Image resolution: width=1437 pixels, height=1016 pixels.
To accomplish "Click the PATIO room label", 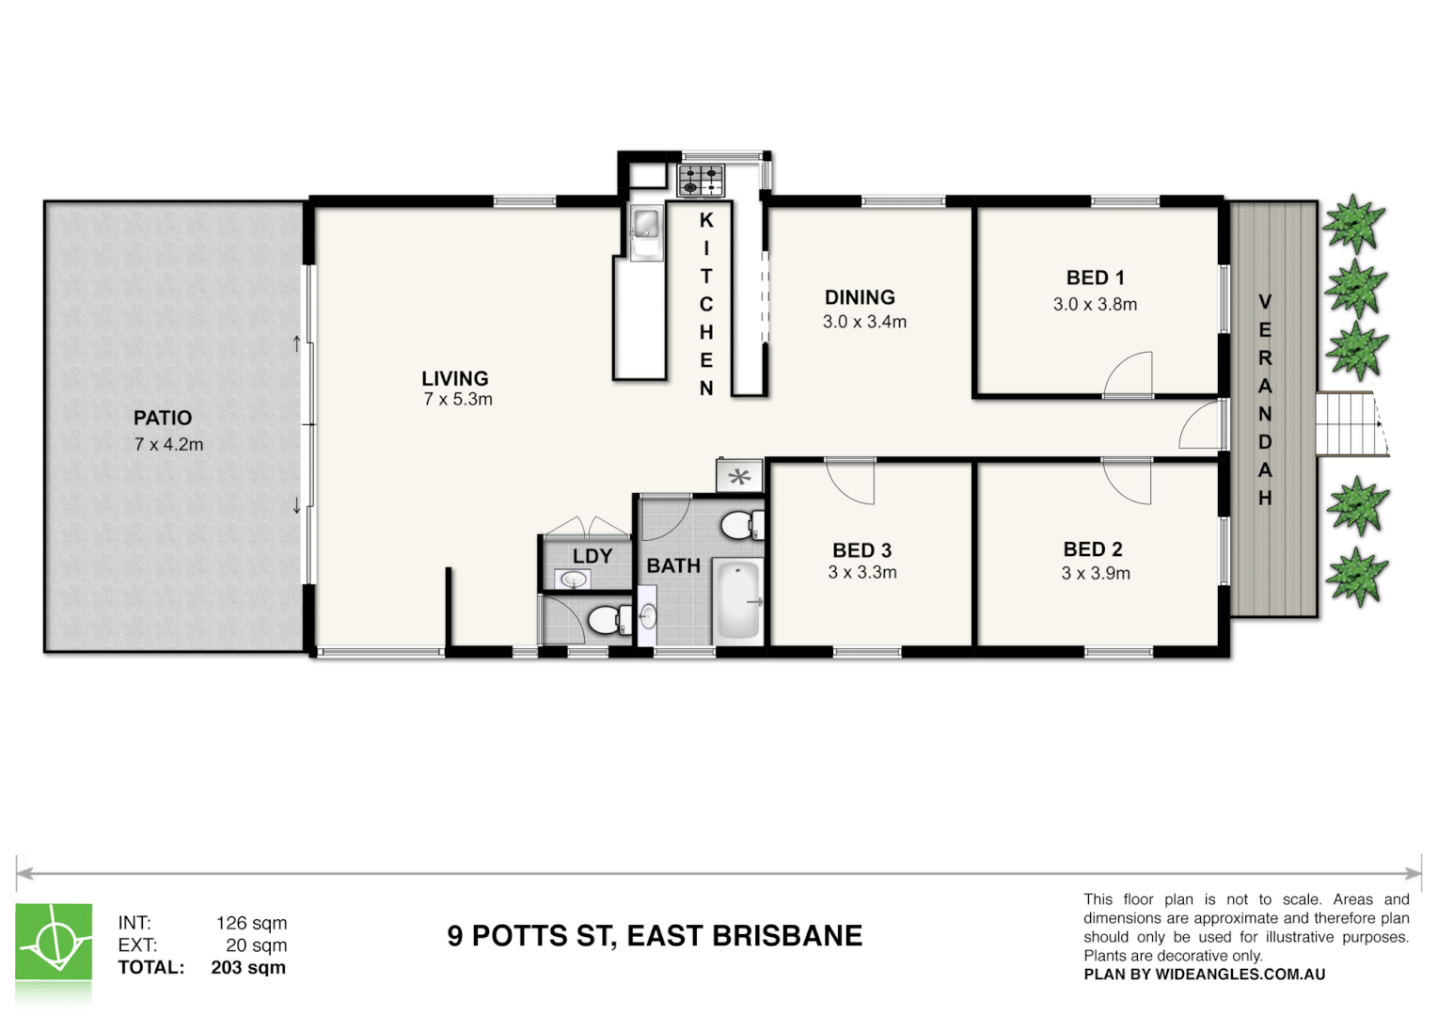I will coord(162,418).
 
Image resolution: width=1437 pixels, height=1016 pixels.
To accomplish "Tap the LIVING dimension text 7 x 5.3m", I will coord(457,400).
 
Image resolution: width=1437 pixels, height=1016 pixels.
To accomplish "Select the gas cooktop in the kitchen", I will coord(701,181).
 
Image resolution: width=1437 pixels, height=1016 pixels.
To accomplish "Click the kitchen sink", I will coord(646,226).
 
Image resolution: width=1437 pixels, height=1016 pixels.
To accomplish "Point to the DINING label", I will coord(860,297).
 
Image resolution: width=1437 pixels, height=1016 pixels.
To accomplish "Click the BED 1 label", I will coord(1095,278).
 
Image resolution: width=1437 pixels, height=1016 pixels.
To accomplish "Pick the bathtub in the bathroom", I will coord(737,600).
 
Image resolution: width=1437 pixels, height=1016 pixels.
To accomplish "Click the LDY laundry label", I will coord(592,556).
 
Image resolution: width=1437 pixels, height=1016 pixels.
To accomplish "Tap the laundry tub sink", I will coord(573,579).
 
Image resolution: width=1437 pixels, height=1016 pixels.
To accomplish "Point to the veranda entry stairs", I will coord(1350,424).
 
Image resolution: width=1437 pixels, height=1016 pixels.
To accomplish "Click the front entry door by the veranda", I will coord(1203,426).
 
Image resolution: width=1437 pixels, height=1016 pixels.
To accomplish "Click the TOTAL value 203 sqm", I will coord(248,968).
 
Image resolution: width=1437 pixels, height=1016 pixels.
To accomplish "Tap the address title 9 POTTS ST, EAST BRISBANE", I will coord(655,936).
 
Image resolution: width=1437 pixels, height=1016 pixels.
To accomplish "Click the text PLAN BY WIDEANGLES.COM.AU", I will coord(1204,975).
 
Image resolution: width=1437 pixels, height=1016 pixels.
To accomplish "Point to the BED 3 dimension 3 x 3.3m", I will coord(861,573).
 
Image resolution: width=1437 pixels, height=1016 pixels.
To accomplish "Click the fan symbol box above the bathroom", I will coord(739,476).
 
